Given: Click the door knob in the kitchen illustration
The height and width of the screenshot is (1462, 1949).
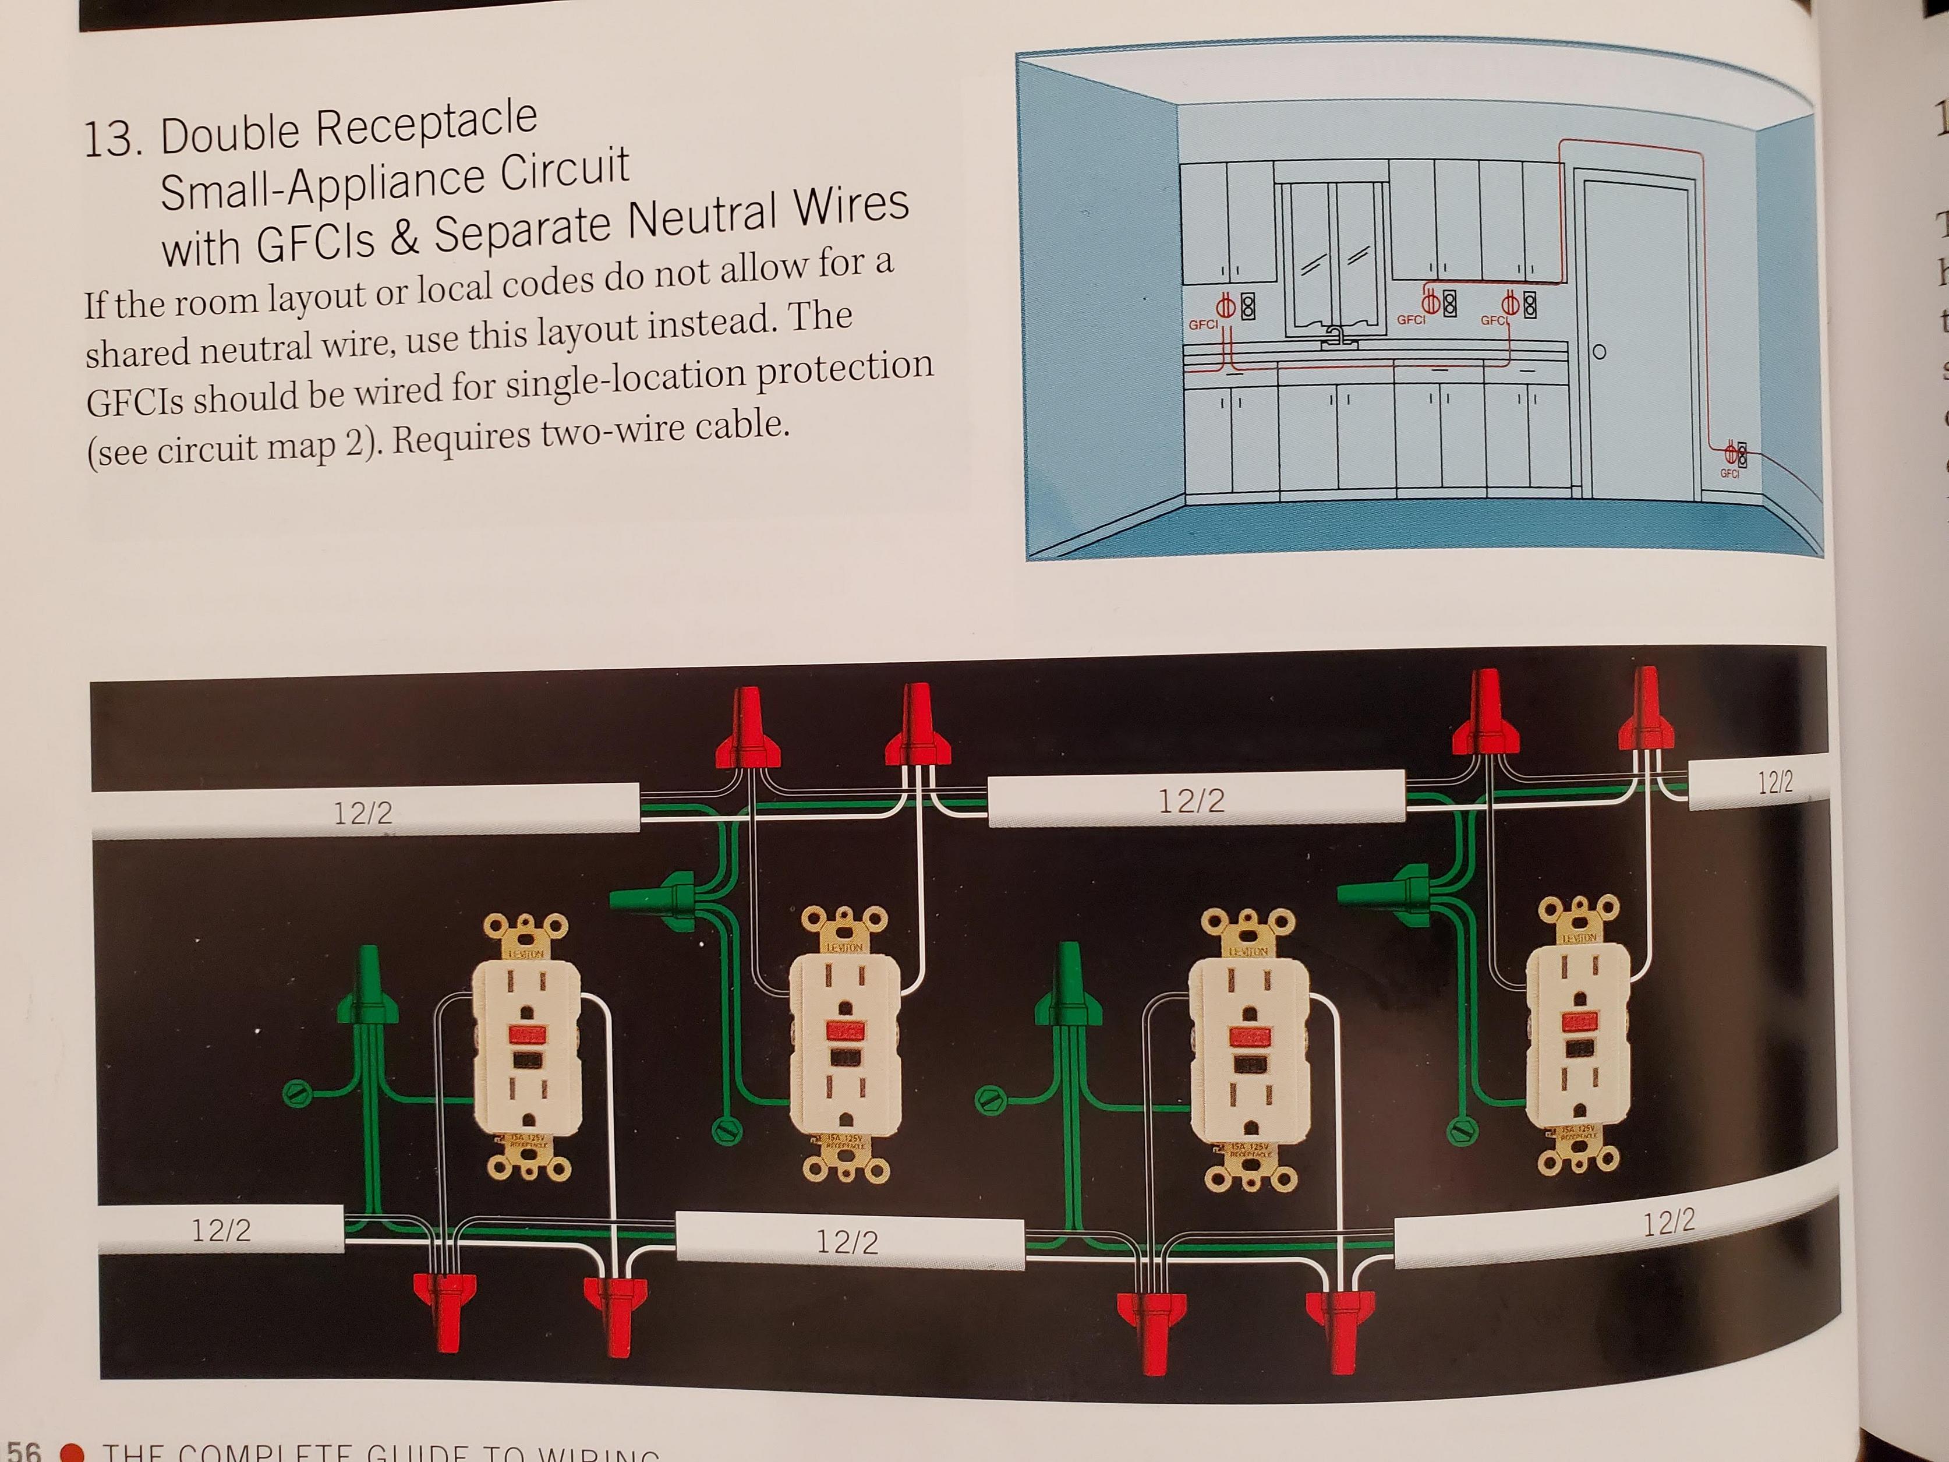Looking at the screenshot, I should [x=1599, y=352].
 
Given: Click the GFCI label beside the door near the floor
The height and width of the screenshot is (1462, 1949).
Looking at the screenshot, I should [x=1729, y=474].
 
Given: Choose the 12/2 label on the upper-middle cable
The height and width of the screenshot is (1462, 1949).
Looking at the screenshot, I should [x=1191, y=801].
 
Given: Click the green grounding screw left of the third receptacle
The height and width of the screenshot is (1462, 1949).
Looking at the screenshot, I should [x=991, y=1099].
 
